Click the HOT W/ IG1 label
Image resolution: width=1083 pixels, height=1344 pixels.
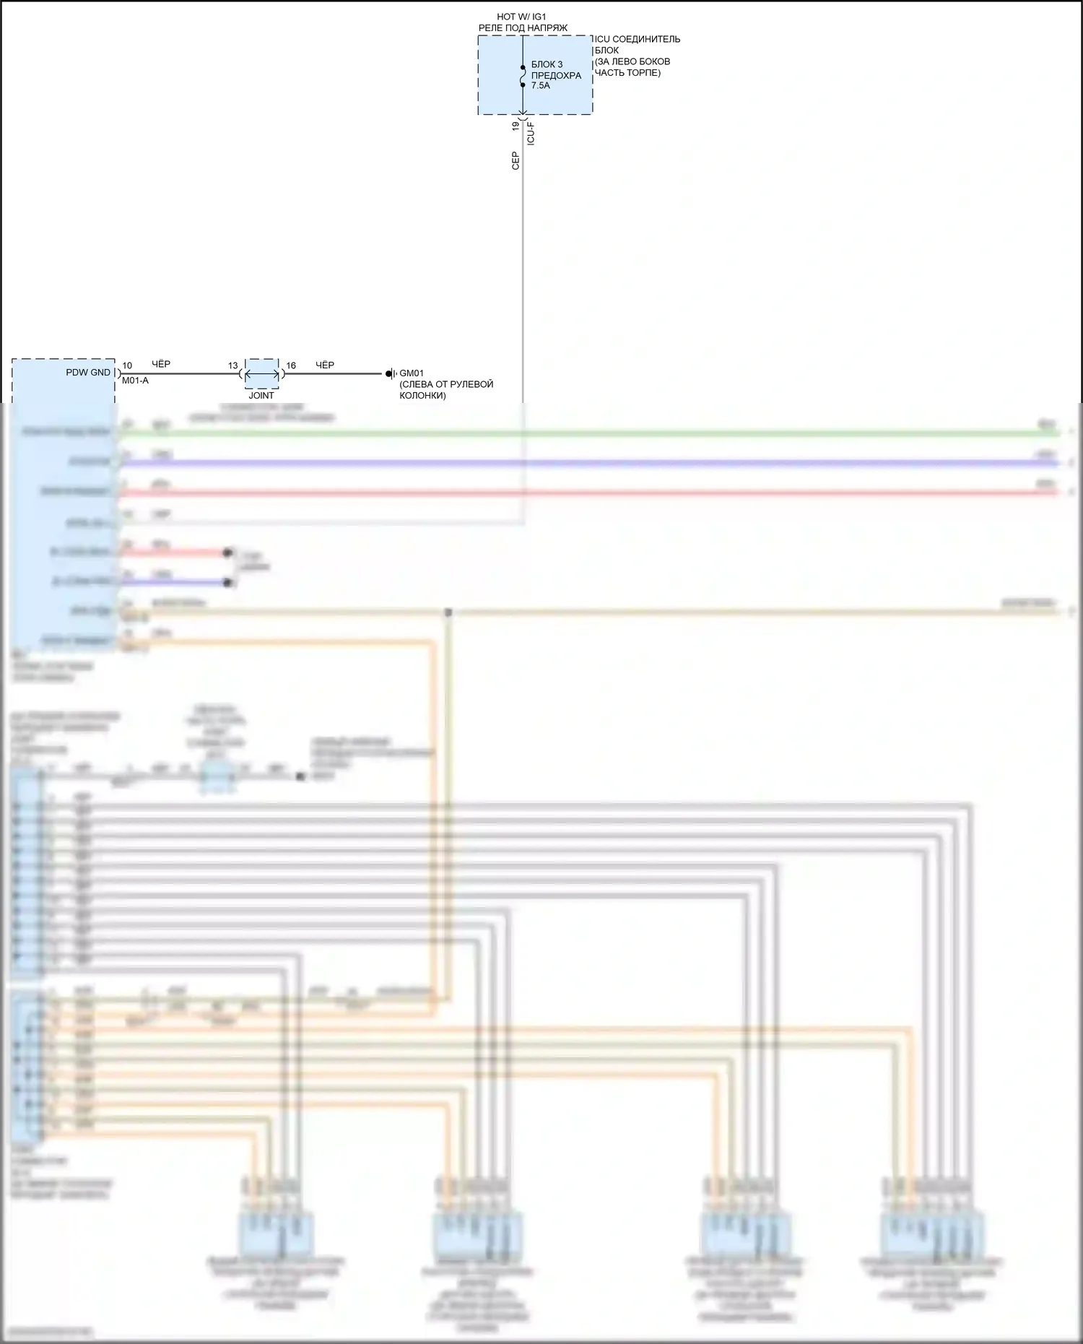(521, 17)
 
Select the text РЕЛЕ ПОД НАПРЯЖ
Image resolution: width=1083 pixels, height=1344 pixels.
(523, 28)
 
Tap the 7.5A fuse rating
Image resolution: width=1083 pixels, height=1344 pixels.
(540, 85)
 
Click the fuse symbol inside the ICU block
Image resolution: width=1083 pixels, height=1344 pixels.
(523, 76)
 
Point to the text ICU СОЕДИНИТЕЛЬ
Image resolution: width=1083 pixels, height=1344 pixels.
(637, 39)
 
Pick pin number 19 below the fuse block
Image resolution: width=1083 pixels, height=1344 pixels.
(516, 126)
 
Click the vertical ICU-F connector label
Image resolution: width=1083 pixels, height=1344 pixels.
(531, 134)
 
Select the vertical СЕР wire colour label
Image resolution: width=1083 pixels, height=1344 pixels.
(516, 160)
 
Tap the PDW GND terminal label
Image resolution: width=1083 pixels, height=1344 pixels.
(88, 373)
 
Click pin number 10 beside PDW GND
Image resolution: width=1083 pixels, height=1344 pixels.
(127, 365)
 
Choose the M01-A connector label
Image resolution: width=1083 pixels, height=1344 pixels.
(135, 381)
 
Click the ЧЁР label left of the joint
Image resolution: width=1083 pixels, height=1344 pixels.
(161, 365)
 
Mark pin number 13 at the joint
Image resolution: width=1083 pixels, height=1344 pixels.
(232, 365)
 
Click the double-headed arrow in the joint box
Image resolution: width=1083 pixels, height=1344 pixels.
(262, 375)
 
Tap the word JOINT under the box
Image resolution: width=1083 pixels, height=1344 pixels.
(261, 395)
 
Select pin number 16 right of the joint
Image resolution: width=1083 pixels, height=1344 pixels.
(291, 365)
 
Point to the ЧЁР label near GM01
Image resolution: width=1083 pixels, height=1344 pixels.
(325, 365)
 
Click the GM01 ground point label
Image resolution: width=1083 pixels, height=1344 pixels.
(412, 373)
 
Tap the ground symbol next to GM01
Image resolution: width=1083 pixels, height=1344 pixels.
(391, 374)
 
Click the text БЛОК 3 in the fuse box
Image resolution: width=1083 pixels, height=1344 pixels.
(547, 65)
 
